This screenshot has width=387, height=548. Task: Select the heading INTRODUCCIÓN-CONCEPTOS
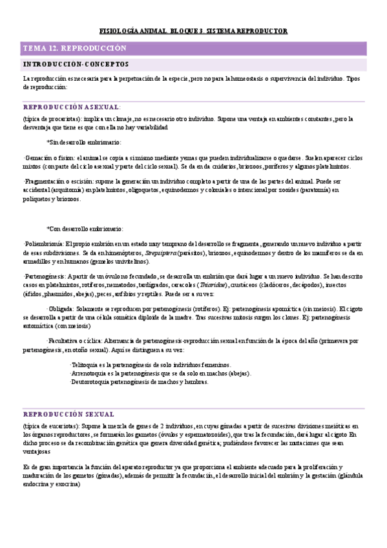pyautogui.click(x=76, y=64)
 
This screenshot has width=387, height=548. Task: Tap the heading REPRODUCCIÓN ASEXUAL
pyautogui.click(x=71, y=107)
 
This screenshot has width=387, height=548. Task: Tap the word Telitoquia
pyautogui.click(x=86, y=365)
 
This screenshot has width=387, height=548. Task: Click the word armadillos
pyautogui.click(x=37, y=261)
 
